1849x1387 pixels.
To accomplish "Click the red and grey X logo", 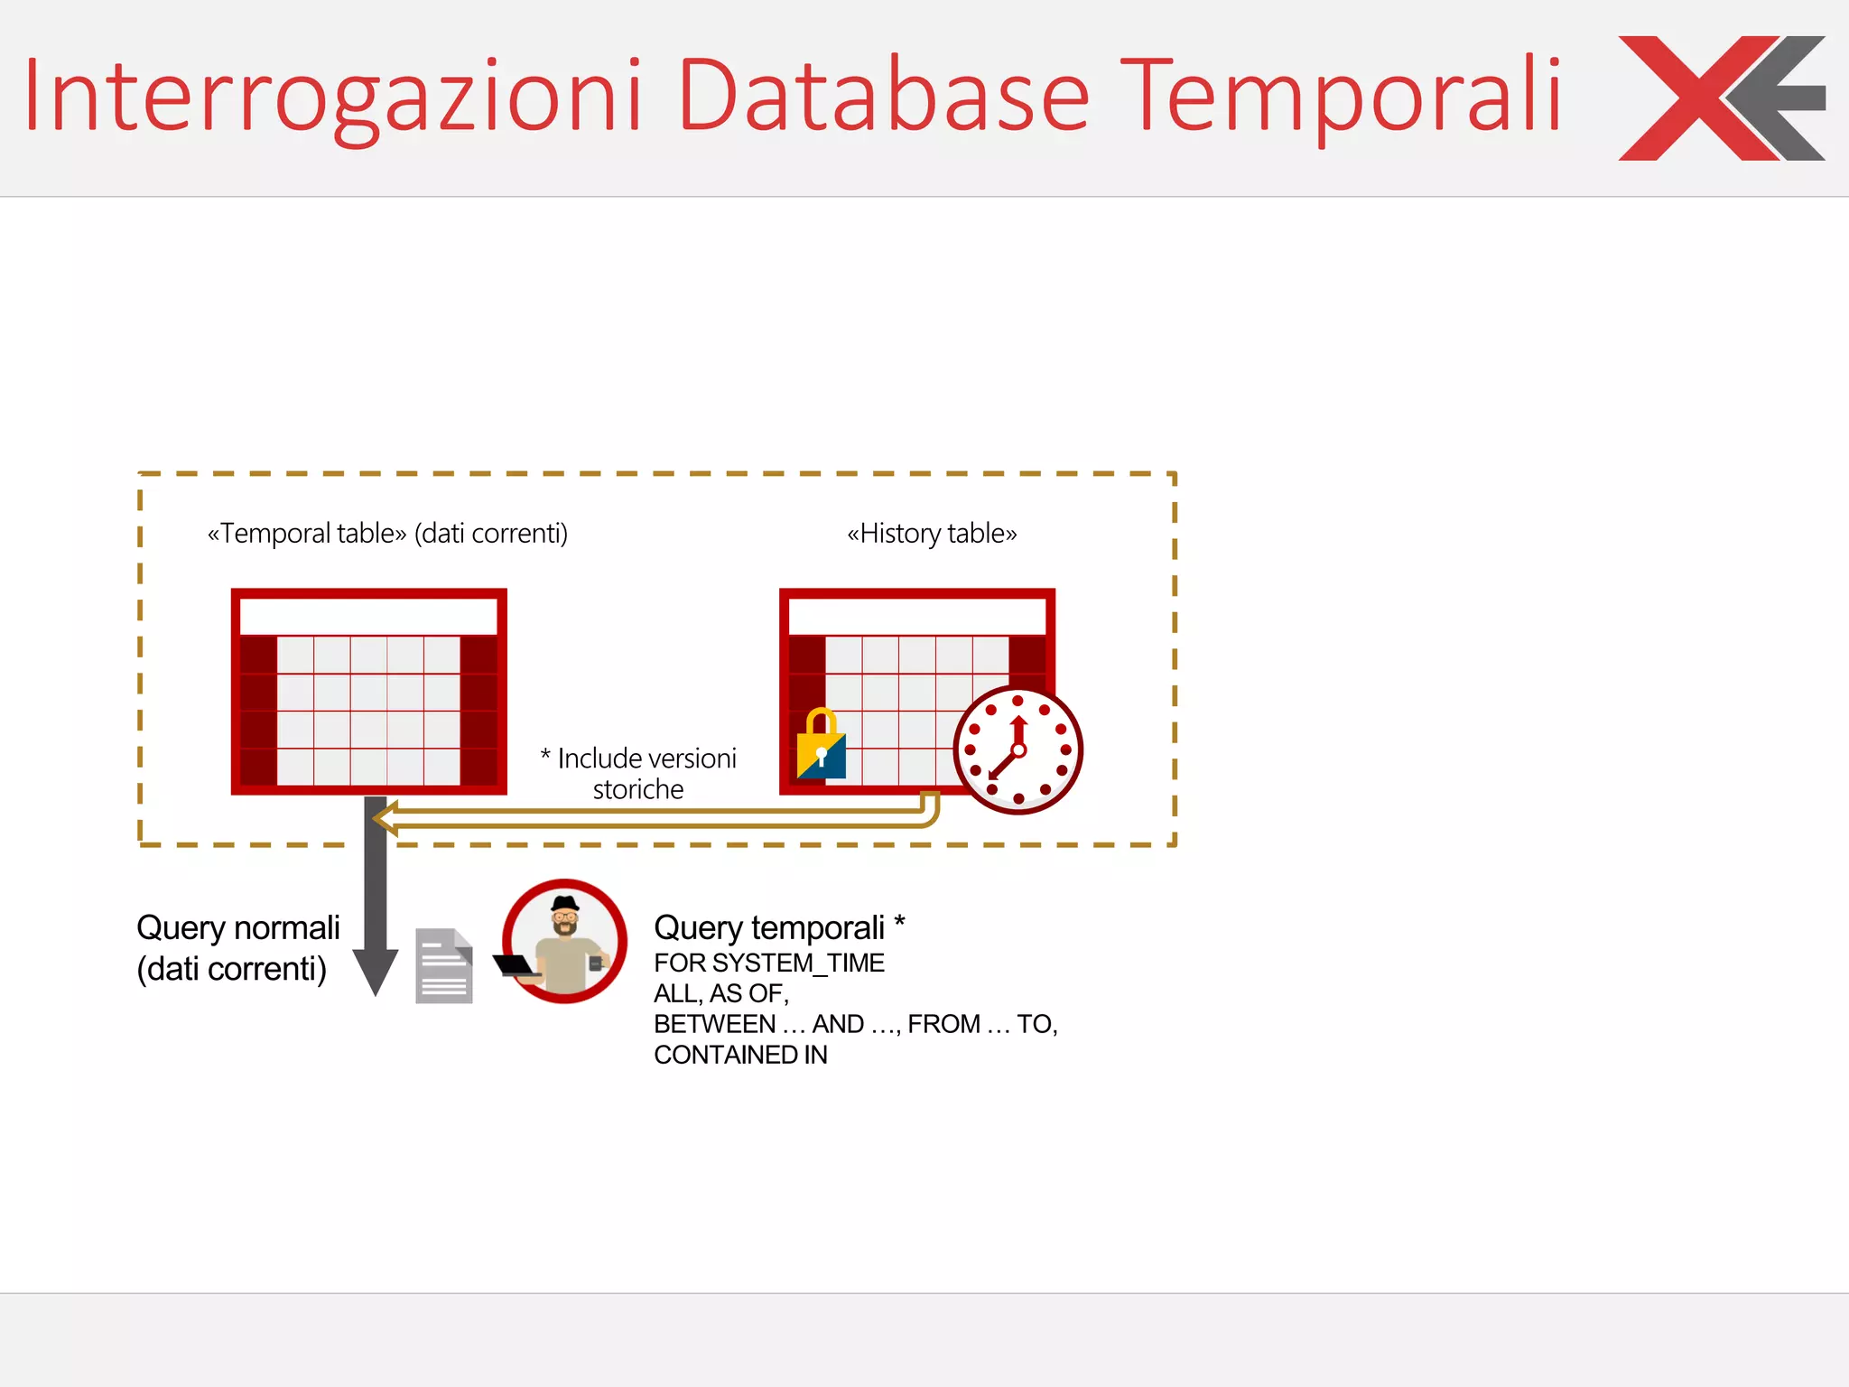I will (x=1721, y=98).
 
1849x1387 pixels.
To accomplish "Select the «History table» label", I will (x=932, y=534).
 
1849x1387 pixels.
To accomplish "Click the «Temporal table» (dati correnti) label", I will (x=387, y=534).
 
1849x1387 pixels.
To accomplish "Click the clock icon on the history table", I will (x=1017, y=749).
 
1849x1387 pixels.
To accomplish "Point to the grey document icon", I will (x=443, y=966).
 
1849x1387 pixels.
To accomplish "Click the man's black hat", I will (x=565, y=904).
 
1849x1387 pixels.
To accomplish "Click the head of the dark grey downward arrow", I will (x=376, y=971).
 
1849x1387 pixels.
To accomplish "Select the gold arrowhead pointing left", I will (x=386, y=819).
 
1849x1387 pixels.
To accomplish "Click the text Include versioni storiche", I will (x=639, y=773).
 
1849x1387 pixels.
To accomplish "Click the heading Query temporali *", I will (x=778, y=927).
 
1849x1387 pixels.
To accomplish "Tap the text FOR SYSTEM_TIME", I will (x=769, y=963).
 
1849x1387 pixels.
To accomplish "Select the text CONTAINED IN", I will (x=740, y=1055).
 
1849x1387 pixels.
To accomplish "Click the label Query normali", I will (x=237, y=928).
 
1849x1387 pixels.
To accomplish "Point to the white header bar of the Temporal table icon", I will (x=368, y=617).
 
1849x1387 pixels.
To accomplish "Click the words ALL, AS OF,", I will (x=721, y=993).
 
